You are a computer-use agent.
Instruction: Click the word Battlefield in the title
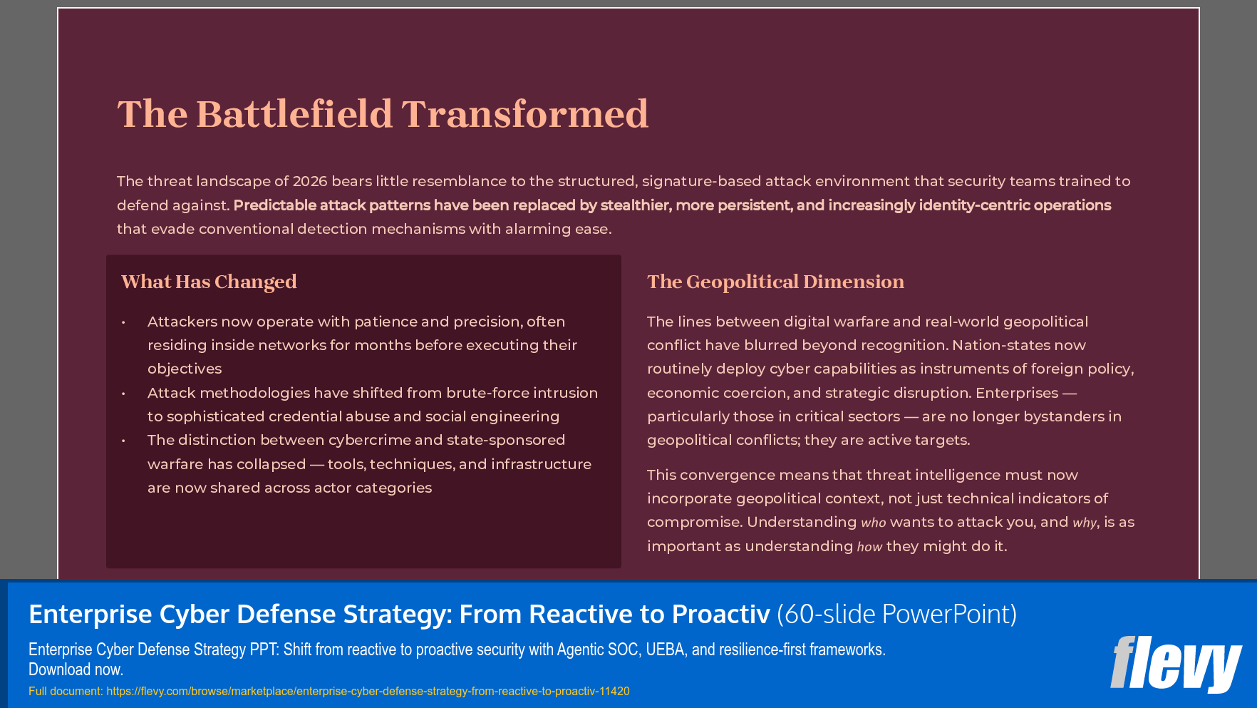pos(294,114)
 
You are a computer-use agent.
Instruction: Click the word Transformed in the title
pos(524,114)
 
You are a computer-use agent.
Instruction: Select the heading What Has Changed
pos(209,282)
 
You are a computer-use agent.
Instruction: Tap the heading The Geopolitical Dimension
pos(775,282)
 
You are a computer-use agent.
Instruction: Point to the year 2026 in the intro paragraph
pos(310,181)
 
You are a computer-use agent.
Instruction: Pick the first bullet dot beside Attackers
pos(123,322)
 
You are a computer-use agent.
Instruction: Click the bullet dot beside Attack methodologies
pos(123,394)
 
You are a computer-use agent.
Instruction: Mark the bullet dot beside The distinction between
pos(123,441)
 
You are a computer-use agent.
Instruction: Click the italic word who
pos(873,523)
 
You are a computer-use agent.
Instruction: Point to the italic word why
pos(1084,523)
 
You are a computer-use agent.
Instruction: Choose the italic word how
pos(869,547)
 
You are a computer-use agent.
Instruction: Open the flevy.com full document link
pos(368,691)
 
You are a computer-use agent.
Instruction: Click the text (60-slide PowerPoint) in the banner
pos(896,614)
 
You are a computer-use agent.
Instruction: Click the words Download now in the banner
pos(76,669)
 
